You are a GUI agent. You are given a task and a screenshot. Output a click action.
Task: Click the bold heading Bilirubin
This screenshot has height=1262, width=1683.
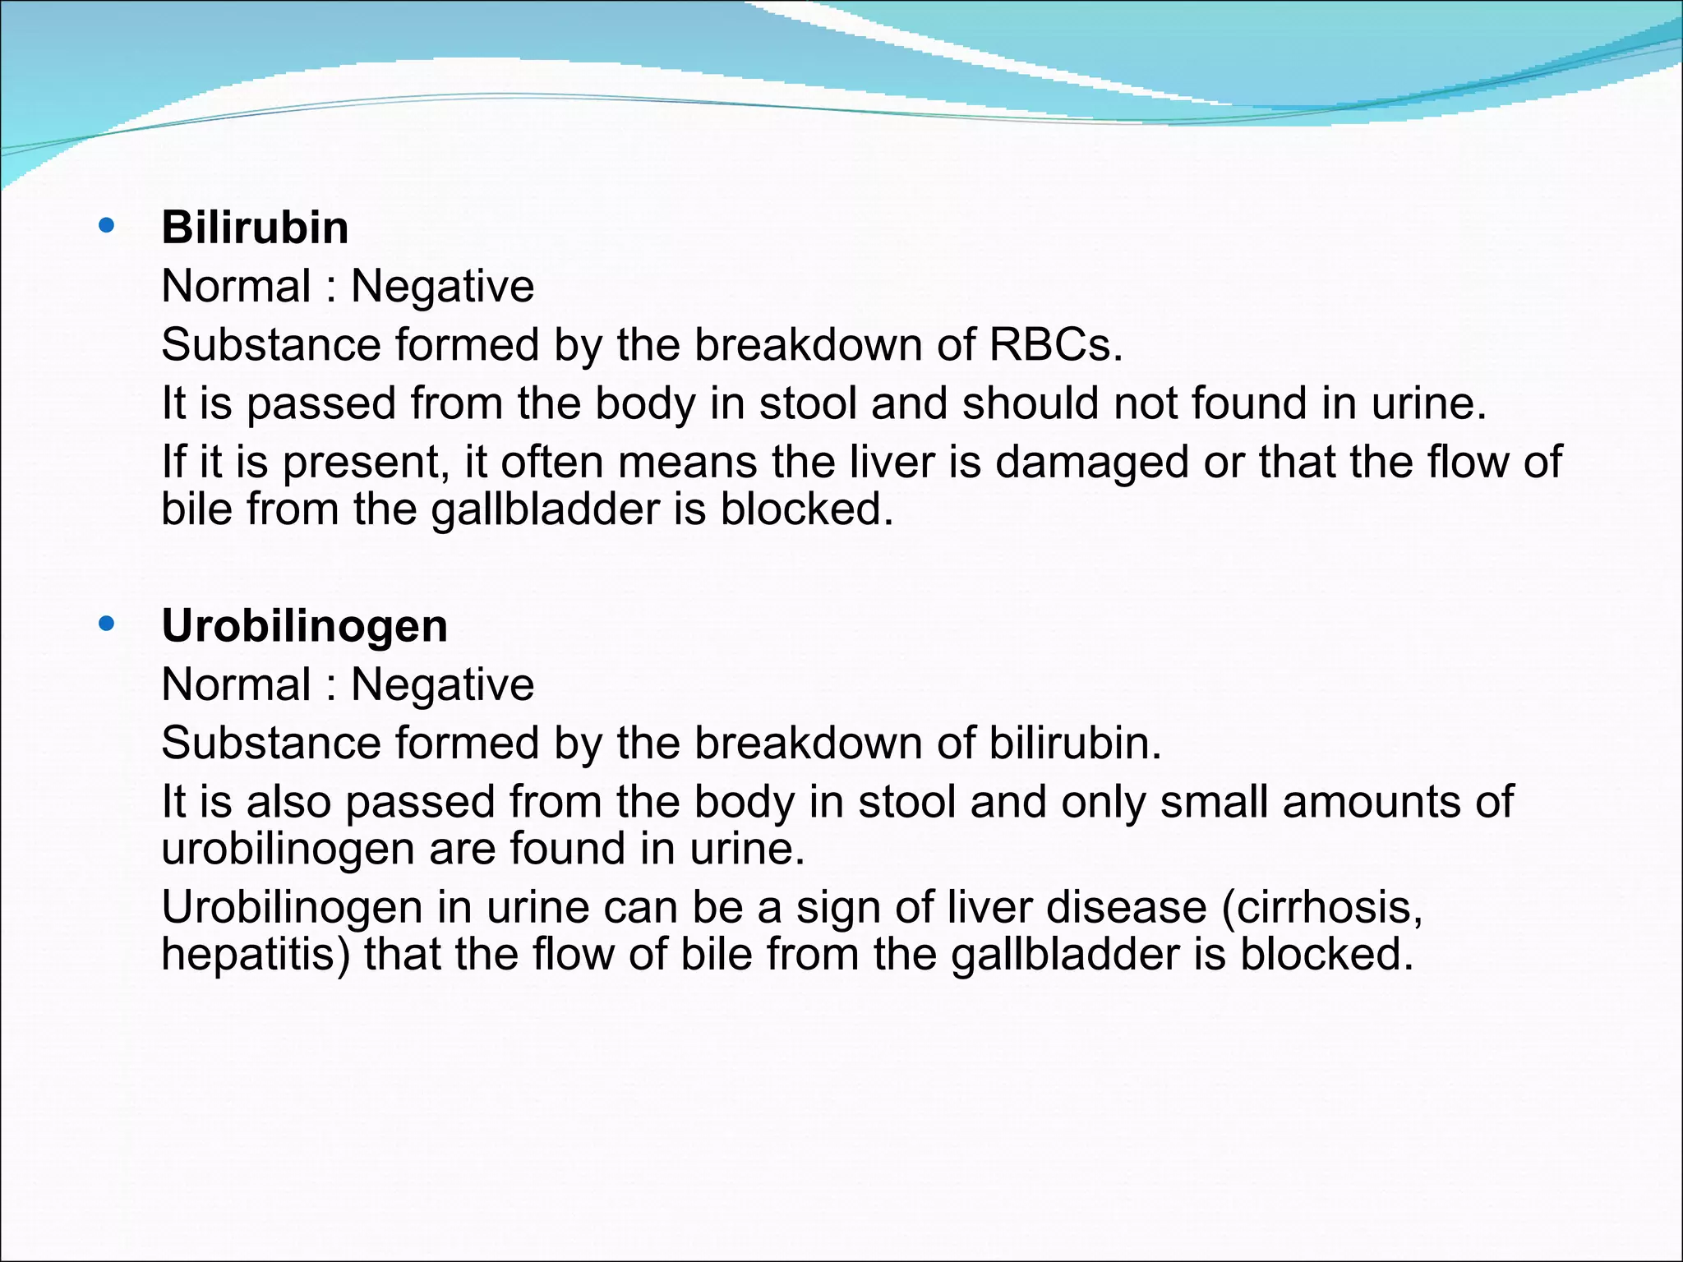[255, 228]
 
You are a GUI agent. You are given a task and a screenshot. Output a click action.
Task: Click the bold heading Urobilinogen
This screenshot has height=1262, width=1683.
[304, 626]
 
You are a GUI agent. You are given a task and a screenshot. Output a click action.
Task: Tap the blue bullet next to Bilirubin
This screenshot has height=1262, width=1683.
[106, 225]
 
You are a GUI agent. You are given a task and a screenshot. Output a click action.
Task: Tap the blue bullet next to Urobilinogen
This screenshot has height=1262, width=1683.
[106, 624]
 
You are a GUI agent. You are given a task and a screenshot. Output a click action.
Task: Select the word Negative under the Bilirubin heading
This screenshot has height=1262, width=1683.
[442, 287]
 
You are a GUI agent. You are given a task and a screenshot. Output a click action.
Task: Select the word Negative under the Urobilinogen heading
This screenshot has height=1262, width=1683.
[442, 684]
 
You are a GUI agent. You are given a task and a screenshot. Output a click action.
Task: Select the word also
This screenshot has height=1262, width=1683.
[288, 802]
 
